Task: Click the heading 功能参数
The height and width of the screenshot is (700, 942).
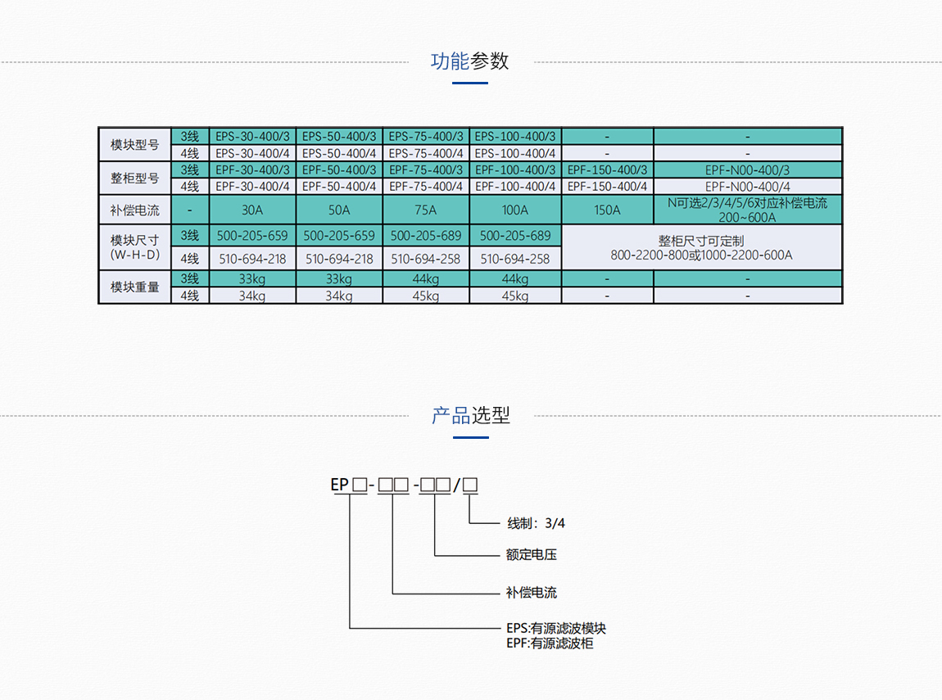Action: click(x=470, y=61)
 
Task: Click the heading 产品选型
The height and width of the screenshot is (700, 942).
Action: click(x=470, y=416)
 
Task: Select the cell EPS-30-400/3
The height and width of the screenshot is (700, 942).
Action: click(x=252, y=137)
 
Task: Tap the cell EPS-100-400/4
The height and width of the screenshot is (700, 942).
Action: click(x=515, y=153)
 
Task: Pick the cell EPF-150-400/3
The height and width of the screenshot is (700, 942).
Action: click(x=607, y=170)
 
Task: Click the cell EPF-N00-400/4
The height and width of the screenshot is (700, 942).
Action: click(x=747, y=187)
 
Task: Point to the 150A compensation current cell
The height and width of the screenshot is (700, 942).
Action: click(x=607, y=210)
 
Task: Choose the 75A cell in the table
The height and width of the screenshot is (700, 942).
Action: click(x=426, y=210)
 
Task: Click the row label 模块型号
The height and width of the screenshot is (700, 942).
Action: click(x=135, y=145)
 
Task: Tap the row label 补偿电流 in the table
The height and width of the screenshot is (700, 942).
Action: click(x=135, y=210)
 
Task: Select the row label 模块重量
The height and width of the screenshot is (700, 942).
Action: click(x=135, y=287)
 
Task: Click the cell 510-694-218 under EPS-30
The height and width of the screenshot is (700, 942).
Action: click(x=252, y=259)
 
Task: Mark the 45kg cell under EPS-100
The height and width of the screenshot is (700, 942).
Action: click(x=515, y=296)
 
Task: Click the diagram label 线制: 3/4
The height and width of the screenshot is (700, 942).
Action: click(x=536, y=523)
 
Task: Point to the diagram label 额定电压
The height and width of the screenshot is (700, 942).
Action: click(x=531, y=555)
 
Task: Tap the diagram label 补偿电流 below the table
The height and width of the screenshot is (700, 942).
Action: click(x=531, y=593)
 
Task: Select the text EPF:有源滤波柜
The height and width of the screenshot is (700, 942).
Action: click(x=549, y=644)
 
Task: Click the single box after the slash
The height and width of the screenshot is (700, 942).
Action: click(x=470, y=485)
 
